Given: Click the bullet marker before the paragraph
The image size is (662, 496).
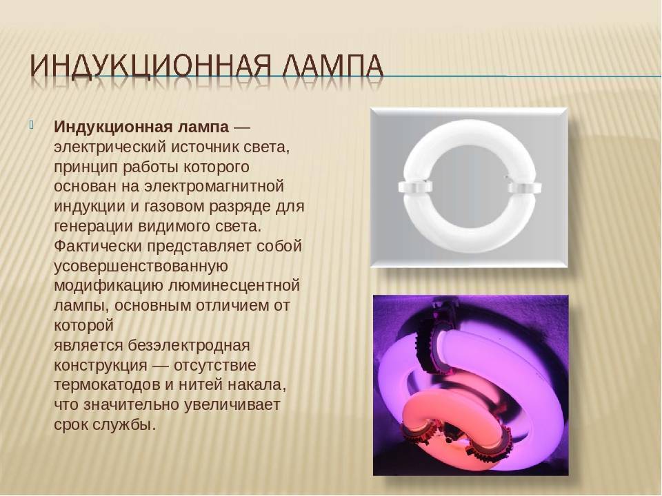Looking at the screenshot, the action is [32, 125].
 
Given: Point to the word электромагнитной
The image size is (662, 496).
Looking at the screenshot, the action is [214, 187].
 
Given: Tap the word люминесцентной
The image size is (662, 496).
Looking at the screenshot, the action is [234, 286].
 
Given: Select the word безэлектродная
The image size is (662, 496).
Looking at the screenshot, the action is [189, 346].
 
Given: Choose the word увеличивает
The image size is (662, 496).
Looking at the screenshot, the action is [232, 405].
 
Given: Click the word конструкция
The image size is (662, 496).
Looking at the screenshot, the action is [101, 366].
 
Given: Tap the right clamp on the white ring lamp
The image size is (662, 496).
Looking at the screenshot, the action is [524, 187].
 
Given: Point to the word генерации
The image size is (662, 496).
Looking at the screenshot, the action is [93, 227].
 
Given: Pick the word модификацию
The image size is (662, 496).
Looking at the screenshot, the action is [108, 286].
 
